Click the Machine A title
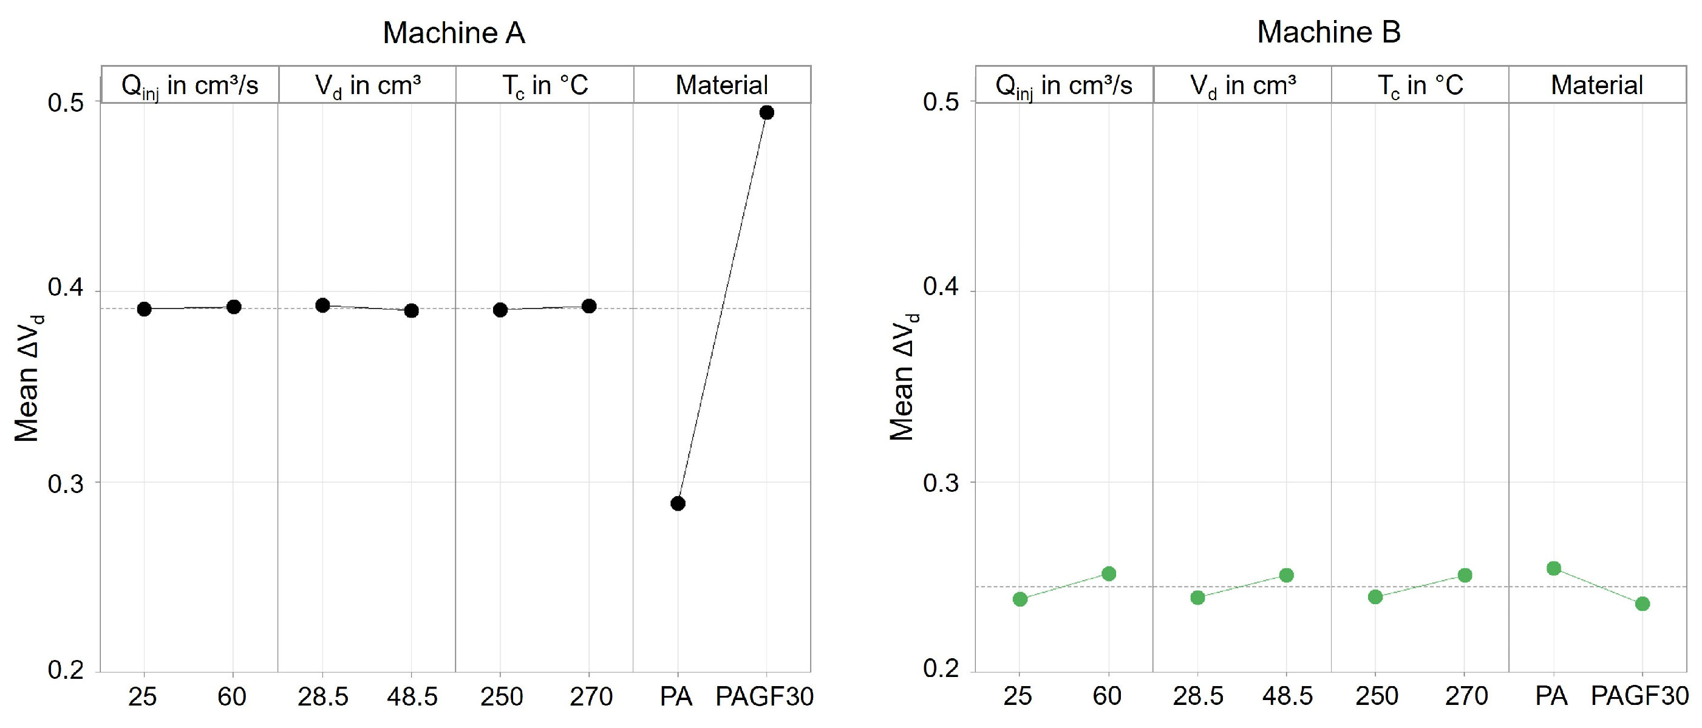click(x=454, y=32)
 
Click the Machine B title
click(x=1328, y=32)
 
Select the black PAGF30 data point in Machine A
click(x=766, y=112)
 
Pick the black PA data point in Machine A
click(x=677, y=503)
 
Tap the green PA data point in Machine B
click(x=1554, y=568)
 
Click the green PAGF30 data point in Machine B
click(x=1642, y=604)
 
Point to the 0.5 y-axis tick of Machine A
click(x=66, y=103)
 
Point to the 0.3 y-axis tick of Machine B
click(x=941, y=483)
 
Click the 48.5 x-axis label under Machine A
click(x=412, y=696)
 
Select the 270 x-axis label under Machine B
click(x=1466, y=696)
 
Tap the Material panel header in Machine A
click(x=721, y=85)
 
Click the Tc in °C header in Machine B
click(x=1420, y=85)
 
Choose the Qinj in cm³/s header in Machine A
click(x=189, y=85)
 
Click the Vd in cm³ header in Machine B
click(x=1242, y=85)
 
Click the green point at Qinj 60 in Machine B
click(x=1109, y=573)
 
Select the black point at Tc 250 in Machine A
click(x=500, y=310)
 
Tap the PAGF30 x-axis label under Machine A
click(x=764, y=696)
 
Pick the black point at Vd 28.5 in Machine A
click(x=322, y=305)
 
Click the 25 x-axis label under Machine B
click(x=1018, y=696)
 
